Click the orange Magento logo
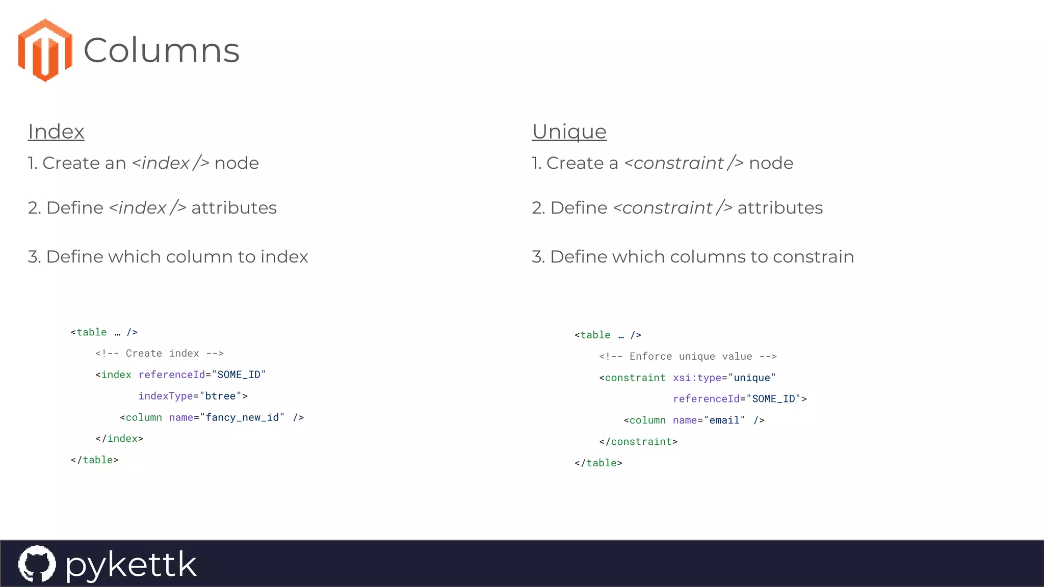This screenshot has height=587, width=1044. tap(45, 50)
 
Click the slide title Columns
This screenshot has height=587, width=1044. tap(161, 50)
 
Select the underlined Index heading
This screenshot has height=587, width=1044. tap(56, 131)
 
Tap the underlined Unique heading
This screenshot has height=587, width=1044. tap(569, 131)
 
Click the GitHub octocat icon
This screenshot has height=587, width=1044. tap(37, 564)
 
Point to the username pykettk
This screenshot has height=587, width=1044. tap(131, 565)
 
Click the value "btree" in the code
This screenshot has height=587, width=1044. tap(220, 396)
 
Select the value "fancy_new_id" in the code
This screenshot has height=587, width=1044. tap(242, 417)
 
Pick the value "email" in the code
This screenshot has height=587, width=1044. tap(724, 420)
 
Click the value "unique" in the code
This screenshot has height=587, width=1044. tap(752, 378)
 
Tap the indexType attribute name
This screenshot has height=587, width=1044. tap(166, 396)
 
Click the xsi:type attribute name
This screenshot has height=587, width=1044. tap(697, 378)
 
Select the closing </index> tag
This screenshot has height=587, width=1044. tap(119, 439)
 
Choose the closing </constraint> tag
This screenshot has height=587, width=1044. tap(638, 442)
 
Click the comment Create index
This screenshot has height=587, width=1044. tap(160, 354)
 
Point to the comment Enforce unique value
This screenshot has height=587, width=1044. tap(688, 357)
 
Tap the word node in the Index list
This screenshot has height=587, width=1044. tap(237, 163)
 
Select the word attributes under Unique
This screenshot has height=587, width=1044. tap(780, 208)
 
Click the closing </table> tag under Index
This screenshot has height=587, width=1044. tap(95, 460)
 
